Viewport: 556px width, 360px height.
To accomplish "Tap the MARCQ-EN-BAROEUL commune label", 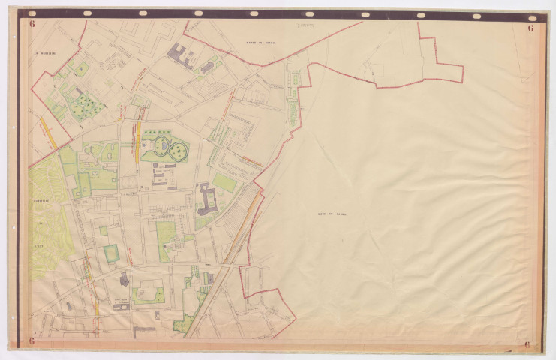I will tap(260, 43).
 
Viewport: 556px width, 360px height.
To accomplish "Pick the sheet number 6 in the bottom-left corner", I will tap(32, 341).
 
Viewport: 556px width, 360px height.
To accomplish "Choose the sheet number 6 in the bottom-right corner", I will tap(528, 344).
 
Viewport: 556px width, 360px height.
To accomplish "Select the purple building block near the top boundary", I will tap(179, 52).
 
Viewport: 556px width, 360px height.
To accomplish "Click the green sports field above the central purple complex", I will tap(223, 182).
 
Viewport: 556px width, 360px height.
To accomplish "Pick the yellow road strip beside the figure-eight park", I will tap(138, 140).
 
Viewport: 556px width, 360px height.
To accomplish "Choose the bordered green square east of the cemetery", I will tap(111, 252).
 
